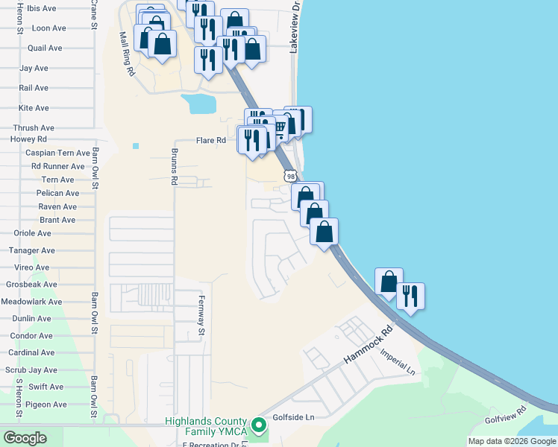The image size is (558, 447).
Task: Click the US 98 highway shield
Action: [x=290, y=175]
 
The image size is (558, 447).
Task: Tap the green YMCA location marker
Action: [x=259, y=425]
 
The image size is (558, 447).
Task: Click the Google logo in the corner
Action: [x=25, y=438]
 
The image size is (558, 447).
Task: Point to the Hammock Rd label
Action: [x=368, y=347]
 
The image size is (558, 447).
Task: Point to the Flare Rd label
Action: [x=210, y=140]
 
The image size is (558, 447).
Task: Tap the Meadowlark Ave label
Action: [x=31, y=302]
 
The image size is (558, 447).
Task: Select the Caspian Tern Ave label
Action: [x=57, y=153]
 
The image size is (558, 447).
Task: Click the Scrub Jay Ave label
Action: [x=31, y=370]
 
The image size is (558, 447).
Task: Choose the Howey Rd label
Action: [x=28, y=139]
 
